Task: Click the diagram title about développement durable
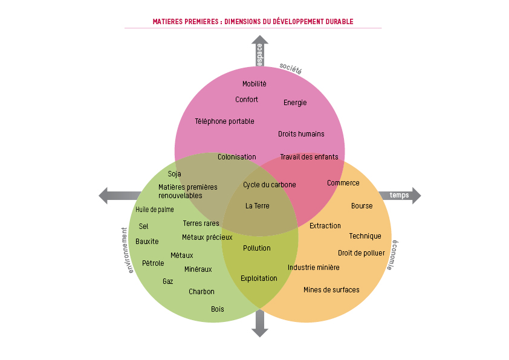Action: [253, 22]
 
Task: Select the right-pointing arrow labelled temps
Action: [400, 195]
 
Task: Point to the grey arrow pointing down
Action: [260, 323]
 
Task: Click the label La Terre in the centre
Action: [258, 206]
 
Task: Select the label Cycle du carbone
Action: [270, 185]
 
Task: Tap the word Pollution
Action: [257, 248]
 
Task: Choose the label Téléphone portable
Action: [224, 121]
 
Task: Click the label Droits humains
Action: [301, 134]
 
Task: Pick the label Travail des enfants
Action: [309, 157]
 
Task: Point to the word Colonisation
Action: [237, 157]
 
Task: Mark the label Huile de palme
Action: [155, 210]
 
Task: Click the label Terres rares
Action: [201, 223]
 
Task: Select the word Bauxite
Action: [147, 242]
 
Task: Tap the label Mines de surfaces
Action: [331, 290]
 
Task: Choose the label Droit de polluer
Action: [361, 253]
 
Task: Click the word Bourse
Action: [361, 206]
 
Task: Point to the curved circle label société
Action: [291, 68]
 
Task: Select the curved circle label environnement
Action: [128, 250]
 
